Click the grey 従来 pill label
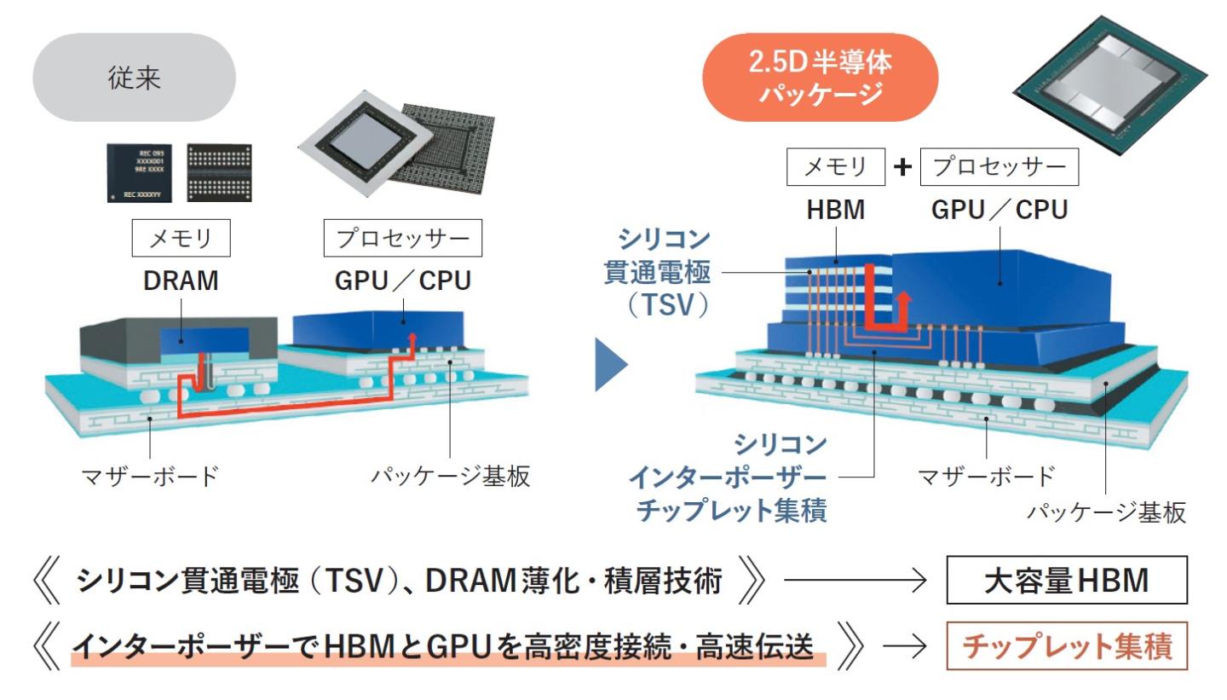(x=135, y=78)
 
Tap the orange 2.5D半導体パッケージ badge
(x=819, y=78)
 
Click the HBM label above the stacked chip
(x=836, y=210)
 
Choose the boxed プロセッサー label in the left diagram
(x=403, y=240)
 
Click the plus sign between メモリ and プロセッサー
(x=902, y=168)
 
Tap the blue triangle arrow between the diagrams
(x=609, y=365)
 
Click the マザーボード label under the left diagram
(x=149, y=476)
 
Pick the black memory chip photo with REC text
(x=137, y=172)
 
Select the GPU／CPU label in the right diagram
(x=999, y=210)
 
